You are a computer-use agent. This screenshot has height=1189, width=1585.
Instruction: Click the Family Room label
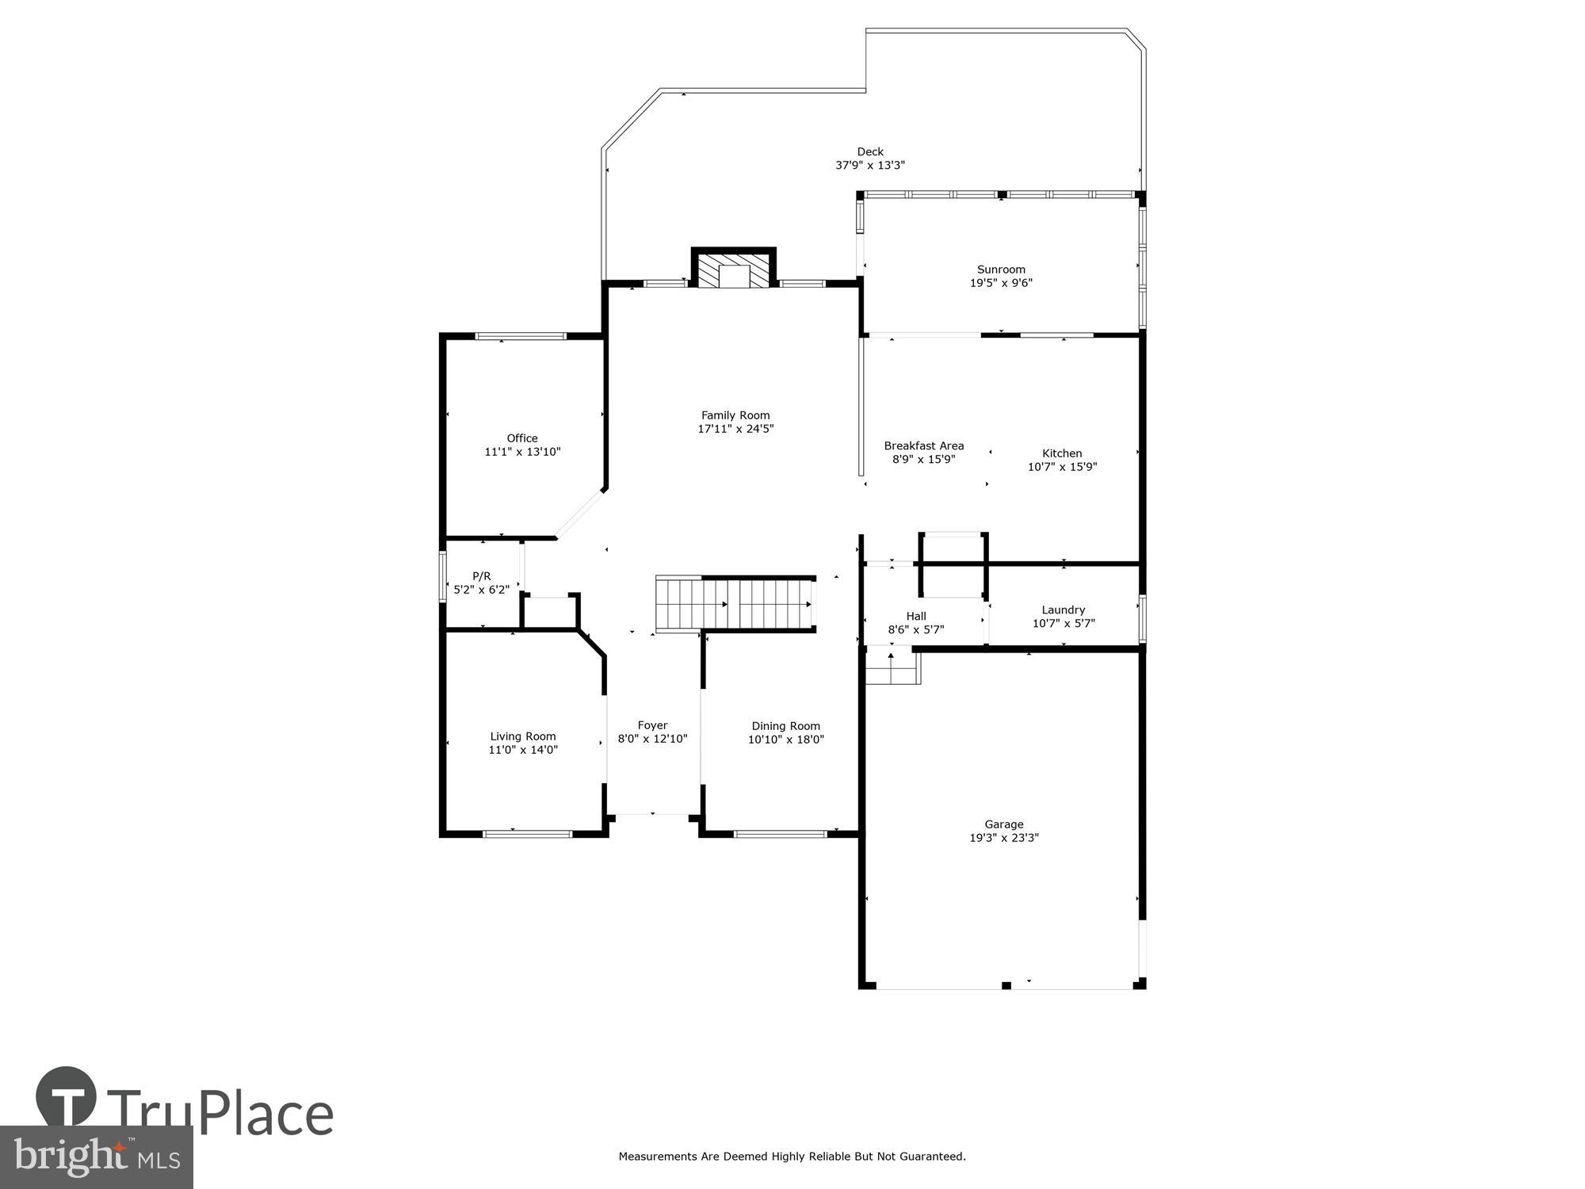coord(735,415)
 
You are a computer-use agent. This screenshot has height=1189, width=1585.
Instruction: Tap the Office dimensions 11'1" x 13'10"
coord(522,452)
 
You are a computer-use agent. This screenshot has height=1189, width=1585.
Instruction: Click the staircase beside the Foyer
coord(734,605)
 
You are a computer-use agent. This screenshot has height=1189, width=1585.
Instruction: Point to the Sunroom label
coord(1001,270)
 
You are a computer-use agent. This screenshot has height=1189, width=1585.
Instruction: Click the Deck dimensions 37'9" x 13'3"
coord(869,166)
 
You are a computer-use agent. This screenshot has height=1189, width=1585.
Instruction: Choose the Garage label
coord(1003,824)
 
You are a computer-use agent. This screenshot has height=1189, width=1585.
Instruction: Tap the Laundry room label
coord(1063,610)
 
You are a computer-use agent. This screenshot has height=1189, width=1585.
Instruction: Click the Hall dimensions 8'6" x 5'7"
coord(915,630)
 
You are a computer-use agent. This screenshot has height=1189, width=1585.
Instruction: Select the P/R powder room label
coord(481,576)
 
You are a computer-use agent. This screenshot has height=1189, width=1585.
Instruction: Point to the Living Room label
coord(522,736)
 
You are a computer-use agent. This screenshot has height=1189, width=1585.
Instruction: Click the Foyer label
coord(652,725)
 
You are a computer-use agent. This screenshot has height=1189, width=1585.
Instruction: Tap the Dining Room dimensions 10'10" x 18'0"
coord(785,740)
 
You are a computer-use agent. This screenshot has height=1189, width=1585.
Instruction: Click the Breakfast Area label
coord(923,445)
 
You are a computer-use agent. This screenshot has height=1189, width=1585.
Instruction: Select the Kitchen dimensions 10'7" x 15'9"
coord(1062,467)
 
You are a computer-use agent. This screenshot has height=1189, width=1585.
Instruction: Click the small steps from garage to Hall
coord(892,666)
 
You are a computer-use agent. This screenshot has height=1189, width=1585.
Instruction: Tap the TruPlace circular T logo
coord(66,1099)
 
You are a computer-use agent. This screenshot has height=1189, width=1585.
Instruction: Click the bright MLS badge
coord(96,1158)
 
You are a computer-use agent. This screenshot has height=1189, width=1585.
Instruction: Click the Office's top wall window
coord(521,336)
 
